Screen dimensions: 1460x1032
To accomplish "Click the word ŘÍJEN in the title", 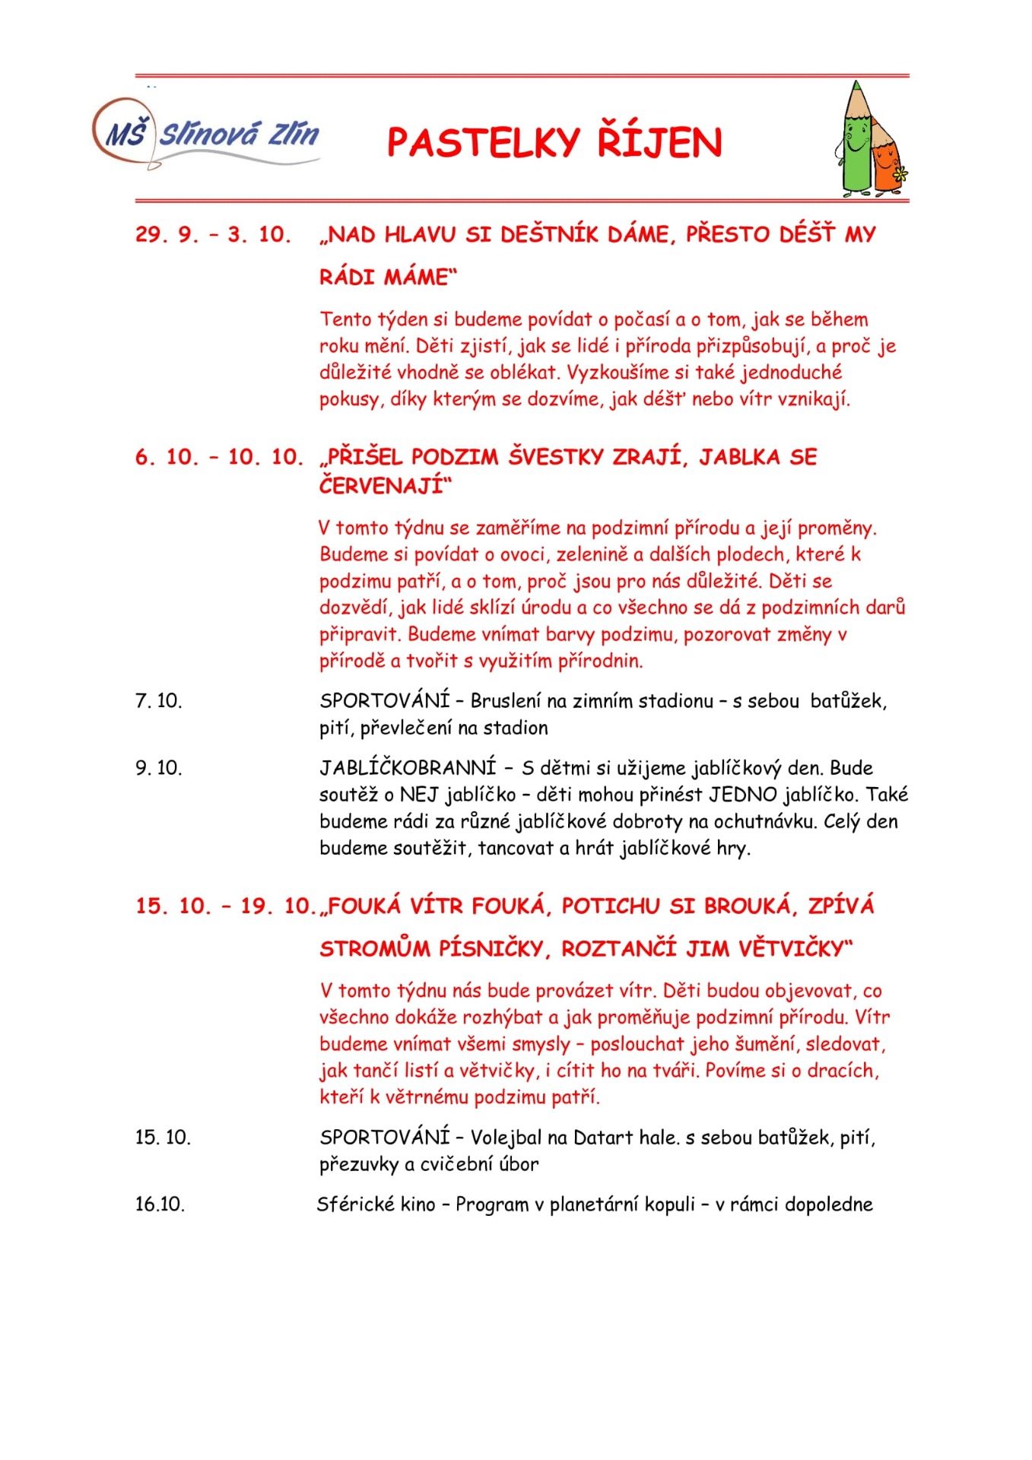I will pyautogui.click(x=659, y=143).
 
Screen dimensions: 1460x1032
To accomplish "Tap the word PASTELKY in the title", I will pyautogui.click(x=484, y=143).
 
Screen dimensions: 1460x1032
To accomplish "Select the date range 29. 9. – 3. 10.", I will pyautogui.click(x=214, y=234).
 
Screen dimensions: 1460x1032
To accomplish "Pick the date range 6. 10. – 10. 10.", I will pyautogui.click(x=219, y=457).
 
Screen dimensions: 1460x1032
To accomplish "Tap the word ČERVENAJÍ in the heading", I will pyautogui.click(x=381, y=485).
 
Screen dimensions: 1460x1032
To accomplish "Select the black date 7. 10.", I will pyautogui.click(x=159, y=701).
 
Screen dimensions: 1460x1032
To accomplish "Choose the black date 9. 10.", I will pyautogui.click(x=159, y=768).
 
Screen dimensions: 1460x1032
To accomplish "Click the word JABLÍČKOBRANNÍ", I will pyautogui.click(x=407, y=768).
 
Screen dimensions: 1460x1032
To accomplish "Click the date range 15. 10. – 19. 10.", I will pyautogui.click(x=224, y=906).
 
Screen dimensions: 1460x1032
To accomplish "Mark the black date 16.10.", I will pyautogui.click(x=160, y=1204).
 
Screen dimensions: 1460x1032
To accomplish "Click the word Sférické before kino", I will pyautogui.click(x=355, y=1204).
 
